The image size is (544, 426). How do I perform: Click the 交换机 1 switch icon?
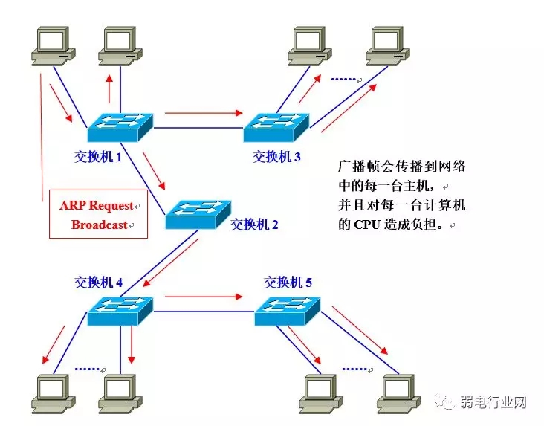(x=120, y=128)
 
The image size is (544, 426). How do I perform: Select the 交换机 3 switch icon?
(x=276, y=128)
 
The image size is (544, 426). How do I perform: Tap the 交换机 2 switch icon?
(x=198, y=215)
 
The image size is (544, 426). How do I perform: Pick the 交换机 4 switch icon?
(x=120, y=311)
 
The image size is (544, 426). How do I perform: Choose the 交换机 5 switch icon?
(x=287, y=311)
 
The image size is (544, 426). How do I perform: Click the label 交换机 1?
(x=97, y=157)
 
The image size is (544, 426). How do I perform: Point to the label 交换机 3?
(x=276, y=157)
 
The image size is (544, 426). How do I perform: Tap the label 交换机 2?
(x=254, y=224)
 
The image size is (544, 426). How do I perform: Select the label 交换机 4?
(x=98, y=282)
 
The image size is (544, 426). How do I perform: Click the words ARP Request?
(x=97, y=205)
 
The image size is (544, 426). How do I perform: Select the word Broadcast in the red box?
(x=99, y=224)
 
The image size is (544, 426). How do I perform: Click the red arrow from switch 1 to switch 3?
(x=204, y=113)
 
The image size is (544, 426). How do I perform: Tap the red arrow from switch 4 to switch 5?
(x=204, y=297)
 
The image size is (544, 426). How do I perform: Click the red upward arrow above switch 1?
(x=111, y=91)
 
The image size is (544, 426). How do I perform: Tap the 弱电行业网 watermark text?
(x=495, y=403)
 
